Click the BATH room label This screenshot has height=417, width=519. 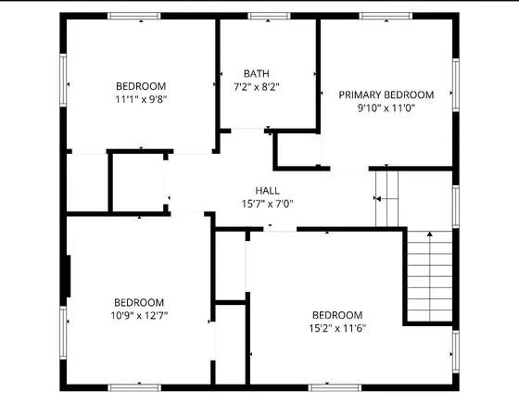click(257, 73)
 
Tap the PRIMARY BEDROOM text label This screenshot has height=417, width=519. click(386, 95)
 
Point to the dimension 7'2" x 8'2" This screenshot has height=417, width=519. click(257, 86)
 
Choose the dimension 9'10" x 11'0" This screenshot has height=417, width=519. click(386, 107)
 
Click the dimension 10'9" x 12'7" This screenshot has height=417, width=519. click(139, 315)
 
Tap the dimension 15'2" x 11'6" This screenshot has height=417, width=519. click(336, 327)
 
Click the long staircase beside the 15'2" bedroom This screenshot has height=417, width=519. click(429, 276)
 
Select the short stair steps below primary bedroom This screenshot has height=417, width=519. click(386, 197)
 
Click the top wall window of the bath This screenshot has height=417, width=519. click(268, 16)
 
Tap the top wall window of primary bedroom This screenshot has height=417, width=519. click(386, 16)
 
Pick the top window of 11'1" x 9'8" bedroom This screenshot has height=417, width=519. click(135, 16)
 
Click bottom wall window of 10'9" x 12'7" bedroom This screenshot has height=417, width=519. click(135, 386)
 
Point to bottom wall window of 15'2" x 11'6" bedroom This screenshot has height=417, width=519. click(335, 386)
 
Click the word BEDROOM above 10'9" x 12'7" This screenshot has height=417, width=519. click(139, 302)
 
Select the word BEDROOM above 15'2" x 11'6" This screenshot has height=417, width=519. click(336, 314)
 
